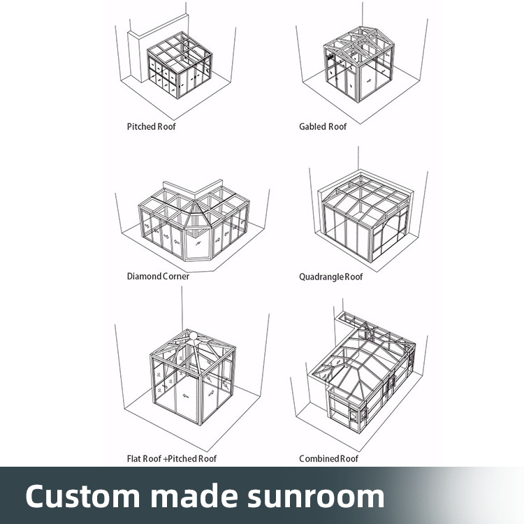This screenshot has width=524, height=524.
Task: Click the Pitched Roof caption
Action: click(x=151, y=126)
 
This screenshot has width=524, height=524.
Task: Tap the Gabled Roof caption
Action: click(x=323, y=126)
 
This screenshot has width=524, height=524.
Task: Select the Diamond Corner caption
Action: click(x=158, y=276)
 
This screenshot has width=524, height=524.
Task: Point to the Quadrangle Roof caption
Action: click(x=331, y=277)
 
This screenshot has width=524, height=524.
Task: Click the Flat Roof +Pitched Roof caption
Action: click(x=172, y=458)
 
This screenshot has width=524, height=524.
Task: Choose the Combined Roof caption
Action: click(x=328, y=458)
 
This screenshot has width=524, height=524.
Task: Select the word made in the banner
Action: click(x=184, y=495)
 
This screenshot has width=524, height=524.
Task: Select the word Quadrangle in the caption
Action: click(x=321, y=277)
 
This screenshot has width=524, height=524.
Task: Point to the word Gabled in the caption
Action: click(x=312, y=126)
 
